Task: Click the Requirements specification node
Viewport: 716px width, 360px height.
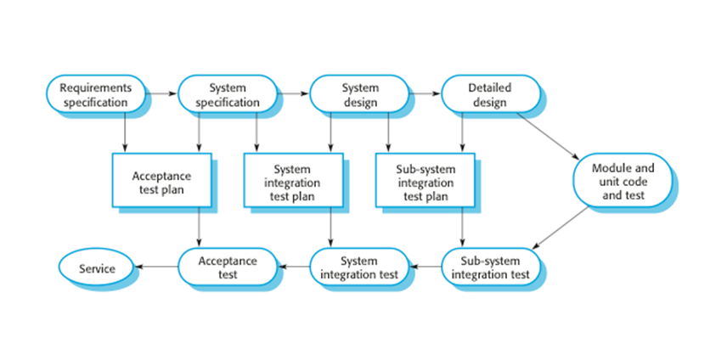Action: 94,95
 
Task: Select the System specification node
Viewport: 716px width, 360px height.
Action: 227,95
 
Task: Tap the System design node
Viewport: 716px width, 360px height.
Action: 359,95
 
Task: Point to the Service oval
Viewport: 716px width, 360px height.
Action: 96,267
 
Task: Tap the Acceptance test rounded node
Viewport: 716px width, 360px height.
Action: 227,267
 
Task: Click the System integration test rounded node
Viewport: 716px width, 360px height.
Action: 359,267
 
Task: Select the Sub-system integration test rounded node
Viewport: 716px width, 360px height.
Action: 490,267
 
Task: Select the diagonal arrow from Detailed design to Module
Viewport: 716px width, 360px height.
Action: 548,136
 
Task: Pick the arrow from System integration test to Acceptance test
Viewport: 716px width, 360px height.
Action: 293,267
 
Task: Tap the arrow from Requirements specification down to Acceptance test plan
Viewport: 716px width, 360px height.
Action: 126,132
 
